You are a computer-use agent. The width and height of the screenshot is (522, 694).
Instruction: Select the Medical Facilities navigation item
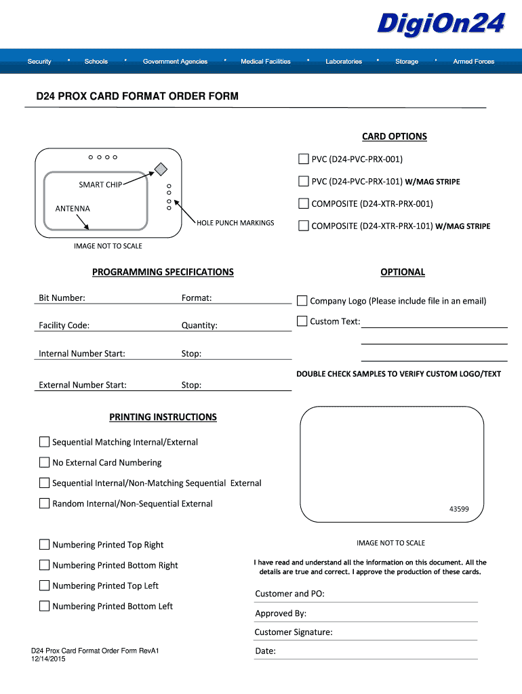265,62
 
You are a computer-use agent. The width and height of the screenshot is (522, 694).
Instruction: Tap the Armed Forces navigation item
473,62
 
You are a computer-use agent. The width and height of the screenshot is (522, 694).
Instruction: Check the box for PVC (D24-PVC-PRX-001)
303,159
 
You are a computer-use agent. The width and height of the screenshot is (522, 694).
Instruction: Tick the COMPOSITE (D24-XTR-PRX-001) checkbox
303,203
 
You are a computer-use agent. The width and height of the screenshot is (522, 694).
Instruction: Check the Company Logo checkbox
302,300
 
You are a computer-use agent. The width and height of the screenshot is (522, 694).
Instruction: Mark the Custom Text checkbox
302,321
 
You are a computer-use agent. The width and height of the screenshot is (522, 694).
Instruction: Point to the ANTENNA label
73,209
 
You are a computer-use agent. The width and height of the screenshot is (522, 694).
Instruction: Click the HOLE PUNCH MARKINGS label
235,223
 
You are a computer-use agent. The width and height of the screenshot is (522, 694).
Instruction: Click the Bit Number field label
62,298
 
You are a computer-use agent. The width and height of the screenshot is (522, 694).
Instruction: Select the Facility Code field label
64,325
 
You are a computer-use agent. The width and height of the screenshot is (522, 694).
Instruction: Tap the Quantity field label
199,325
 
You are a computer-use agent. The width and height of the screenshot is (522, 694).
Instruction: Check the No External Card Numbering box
45,463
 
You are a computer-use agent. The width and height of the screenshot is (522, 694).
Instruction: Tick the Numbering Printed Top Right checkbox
45,545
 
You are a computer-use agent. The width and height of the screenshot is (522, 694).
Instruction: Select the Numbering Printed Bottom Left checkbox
45,606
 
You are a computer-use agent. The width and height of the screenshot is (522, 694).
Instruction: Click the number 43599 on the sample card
459,509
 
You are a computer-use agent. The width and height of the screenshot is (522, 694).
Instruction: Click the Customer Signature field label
294,632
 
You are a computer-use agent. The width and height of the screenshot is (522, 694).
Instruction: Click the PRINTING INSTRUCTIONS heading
163,417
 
